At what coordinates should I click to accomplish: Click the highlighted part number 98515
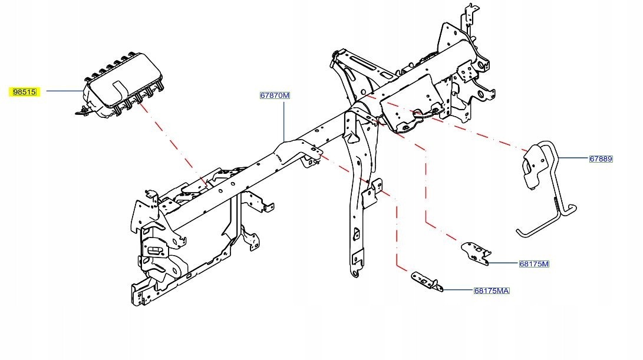[25, 92]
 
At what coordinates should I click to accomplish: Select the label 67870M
[275, 95]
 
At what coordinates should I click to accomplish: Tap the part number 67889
[601, 158]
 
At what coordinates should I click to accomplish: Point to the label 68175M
[534, 263]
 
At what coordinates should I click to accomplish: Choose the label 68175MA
[492, 290]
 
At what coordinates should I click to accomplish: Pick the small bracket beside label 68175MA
[427, 281]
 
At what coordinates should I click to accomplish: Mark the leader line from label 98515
[65, 91]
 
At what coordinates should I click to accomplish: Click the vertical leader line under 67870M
[284, 121]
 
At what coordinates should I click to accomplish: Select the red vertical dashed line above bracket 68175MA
[397, 231]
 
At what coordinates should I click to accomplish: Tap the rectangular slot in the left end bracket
[155, 250]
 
